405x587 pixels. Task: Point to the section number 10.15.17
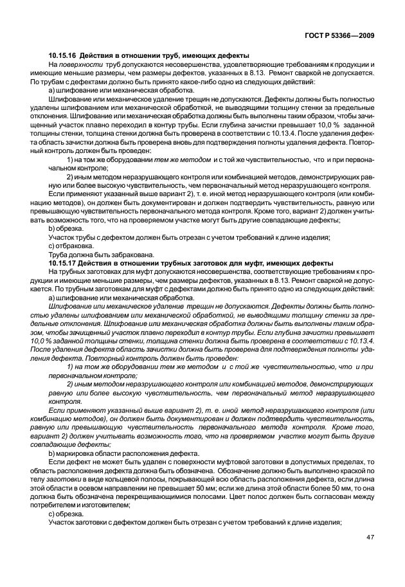pyautogui.click(x=63, y=264)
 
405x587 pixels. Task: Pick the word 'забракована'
pyautogui.click(x=107, y=255)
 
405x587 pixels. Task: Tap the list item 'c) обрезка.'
pyautogui.click(x=65, y=514)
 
